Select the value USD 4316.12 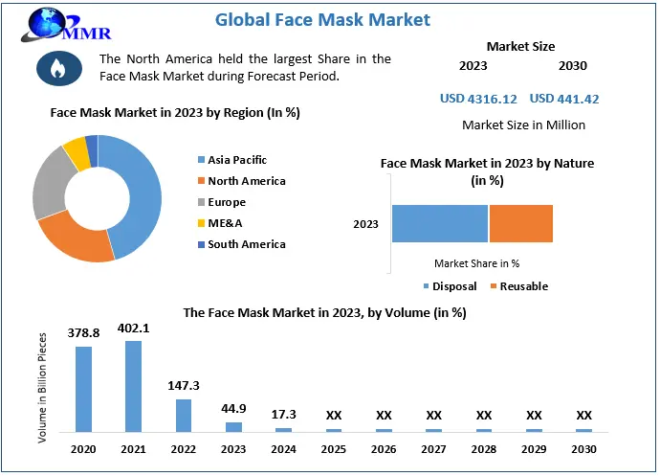pos(478,99)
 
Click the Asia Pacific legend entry pos(236,160)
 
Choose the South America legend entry pos(246,244)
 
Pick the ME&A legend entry pos(226,223)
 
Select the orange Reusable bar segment pos(521,223)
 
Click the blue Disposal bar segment pos(440,223)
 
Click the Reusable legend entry pos(522,286)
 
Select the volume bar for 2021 pos(134,386)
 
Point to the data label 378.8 pos(84,332)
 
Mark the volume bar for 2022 pos(184,415)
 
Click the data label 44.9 pos(233,409)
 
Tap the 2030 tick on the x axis pos(583,449)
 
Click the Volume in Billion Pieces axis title pos(43,387)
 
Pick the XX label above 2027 pos(433,416)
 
